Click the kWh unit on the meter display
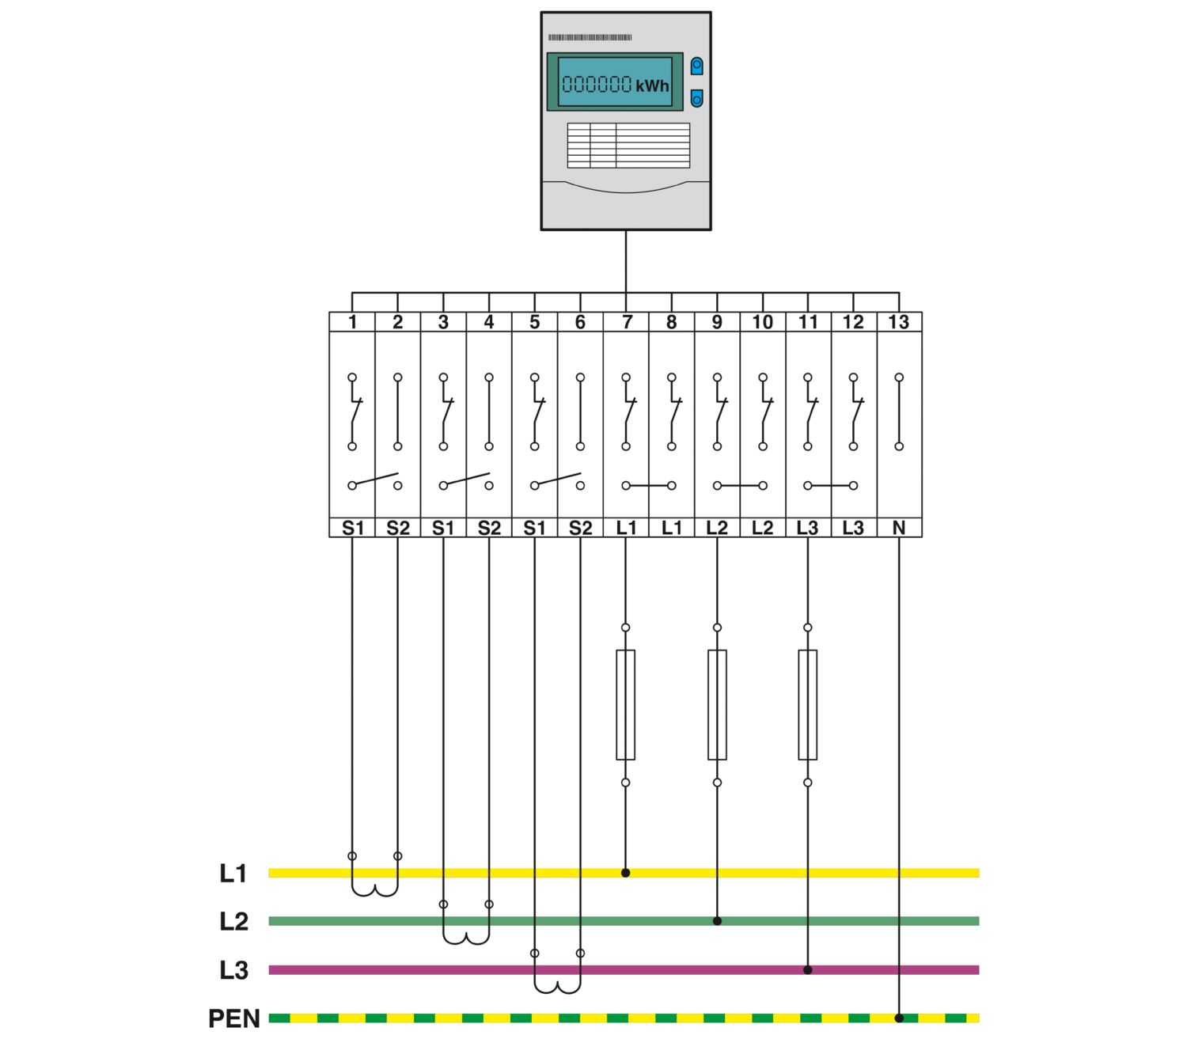tap(652, 86)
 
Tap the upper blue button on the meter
tap(696, 66)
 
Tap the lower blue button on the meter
tap(696, 98)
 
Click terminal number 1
tap(352, 322)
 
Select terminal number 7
tap(627, 322)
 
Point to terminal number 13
tap(899, 322)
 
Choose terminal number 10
tap(763, 322)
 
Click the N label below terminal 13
tap(899, 528)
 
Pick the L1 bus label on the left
tap(233, 874)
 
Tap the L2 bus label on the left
tap(233, 921)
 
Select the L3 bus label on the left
tap(233, 970)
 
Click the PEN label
tap(233, 1018)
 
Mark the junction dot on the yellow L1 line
tap(625, 873)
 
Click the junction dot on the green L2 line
tap(717, 921)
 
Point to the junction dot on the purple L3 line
tap(807, 969)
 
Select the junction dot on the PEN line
tap(899, 1018)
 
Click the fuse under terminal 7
tap(625, 704)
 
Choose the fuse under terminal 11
tap(807, 704)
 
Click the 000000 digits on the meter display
tap(597, 84)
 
